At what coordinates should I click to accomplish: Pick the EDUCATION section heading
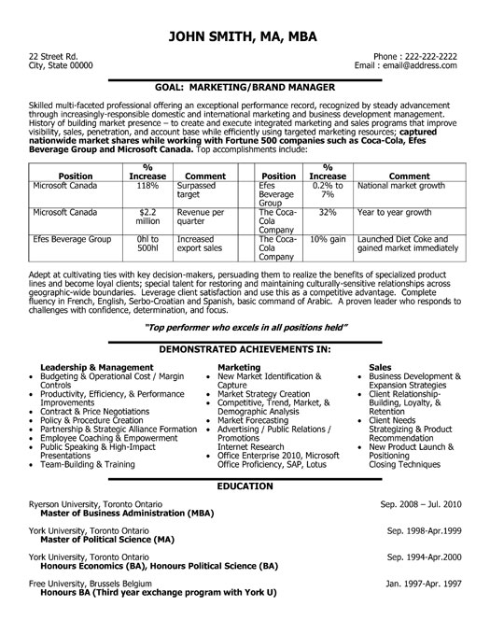[245, 488]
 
